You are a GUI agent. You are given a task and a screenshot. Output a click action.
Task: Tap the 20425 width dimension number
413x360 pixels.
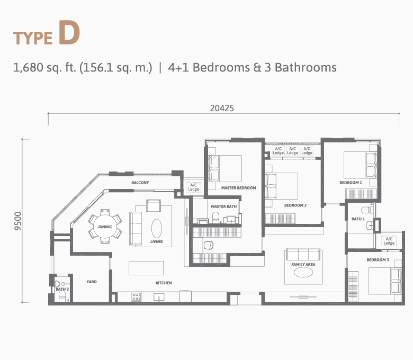pyautogui.click(x=222, y=108)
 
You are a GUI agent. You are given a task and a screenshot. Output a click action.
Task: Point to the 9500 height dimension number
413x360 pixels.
pyautogui.click(x=17, y=221)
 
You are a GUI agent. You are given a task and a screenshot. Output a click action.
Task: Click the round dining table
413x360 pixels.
pyautogui.click(x=105, y=227)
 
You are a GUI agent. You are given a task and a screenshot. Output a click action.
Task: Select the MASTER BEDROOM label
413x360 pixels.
pyautogui.click(x=239, y=188)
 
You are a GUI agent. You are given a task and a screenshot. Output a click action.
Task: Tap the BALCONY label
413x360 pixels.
pyautogui.click(x=140, y=183)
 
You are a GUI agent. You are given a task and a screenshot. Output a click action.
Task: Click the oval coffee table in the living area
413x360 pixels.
pyautogui.click(x=157, y=229)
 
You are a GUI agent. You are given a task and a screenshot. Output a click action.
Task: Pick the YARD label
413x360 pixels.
pyautogui.click(x=92, y=282)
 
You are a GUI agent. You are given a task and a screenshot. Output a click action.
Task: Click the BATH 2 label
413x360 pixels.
pyautogui.click(x=62, y=289)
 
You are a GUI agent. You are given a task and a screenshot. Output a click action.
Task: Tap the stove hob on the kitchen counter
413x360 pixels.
pyautogui.click(x=136, y=296)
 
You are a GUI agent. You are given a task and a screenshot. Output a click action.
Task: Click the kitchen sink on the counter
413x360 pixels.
pyautogui.click(x=159, y=297)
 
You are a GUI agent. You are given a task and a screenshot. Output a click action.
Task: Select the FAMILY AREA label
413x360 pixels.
pyautogui.click(x=303, y=264)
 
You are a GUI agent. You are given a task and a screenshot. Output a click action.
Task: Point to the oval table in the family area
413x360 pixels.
pyautogui.click(x=303, y=273)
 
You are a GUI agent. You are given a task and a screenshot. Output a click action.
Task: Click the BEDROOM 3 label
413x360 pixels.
pyautogui.click(x=378, y=260)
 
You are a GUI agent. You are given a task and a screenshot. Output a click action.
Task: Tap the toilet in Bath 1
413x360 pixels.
pyautogui.click(x=367, y=210)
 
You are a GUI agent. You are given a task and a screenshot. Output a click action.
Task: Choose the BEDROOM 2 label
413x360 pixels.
pyautogui.click(x=295, y=205)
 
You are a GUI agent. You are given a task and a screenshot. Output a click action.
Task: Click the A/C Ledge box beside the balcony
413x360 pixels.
pyautogui.click(x=193, y=187)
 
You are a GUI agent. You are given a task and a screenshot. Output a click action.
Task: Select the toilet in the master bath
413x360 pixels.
pyautogui.click(x=216, y=218)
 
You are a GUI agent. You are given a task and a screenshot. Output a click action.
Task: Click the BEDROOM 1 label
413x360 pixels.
pyautogui.click(x=351, y=183)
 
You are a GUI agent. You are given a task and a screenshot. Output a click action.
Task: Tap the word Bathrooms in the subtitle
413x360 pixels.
pyautogui.click(x=306, y=67)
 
